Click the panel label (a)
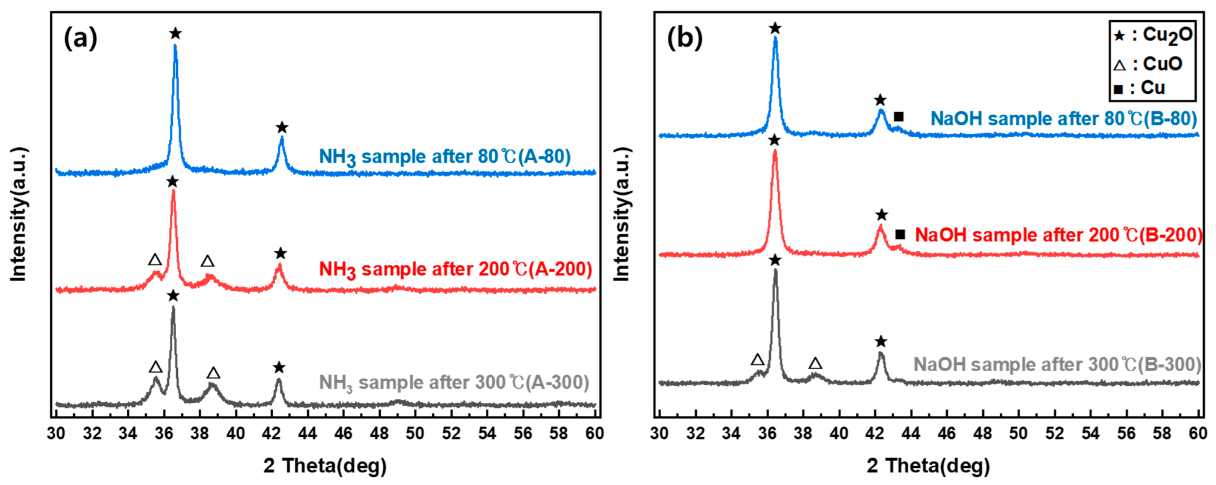point(80,38)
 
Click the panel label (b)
point(684,38)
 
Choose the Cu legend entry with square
point(1140,89)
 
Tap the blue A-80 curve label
point(444,157)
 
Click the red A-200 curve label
point(455,270)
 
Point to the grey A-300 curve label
point(454,382)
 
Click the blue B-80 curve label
point(1063,118)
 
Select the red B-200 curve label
point(1058,235)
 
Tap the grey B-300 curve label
point(1057,364)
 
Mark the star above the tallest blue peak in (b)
point(775,28)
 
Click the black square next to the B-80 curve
point(898,117)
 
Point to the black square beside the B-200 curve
point(900,234)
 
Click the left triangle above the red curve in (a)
point(155,259)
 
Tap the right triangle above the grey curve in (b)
point(815,363)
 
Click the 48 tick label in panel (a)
point(379,433)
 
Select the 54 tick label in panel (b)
point(1090,433)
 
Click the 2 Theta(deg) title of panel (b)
point(928,466)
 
